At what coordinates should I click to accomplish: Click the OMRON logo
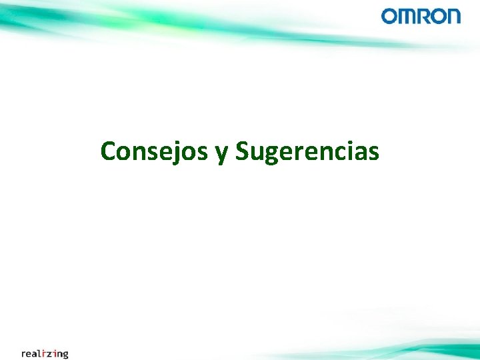point(421,16)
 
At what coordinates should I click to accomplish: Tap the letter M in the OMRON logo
point(406,16)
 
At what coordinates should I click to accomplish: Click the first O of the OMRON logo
point(389,16)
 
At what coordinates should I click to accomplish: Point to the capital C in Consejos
point(108,151)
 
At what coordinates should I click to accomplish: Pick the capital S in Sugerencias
point(243,151)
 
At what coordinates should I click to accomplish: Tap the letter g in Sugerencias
point(271,155)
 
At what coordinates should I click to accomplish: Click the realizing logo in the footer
point(45,353)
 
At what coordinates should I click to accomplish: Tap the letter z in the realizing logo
point(51,354)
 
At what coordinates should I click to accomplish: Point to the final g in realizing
point(65,355)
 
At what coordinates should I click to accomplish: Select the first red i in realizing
point(45,353)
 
